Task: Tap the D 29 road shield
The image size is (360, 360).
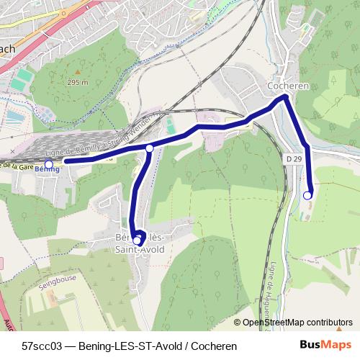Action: click(x=292, y=158)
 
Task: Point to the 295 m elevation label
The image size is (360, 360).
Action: click(x=78, y=82)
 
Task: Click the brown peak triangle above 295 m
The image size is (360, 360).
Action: click(x=77, y=73)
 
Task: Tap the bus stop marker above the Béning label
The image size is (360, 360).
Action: click(x=48, y=164)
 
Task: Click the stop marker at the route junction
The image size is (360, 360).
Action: click(x=150, y=148)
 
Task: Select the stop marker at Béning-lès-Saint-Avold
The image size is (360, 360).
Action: click(x=137, y=240)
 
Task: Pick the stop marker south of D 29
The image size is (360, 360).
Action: click(x=307, y=195)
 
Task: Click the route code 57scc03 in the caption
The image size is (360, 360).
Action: click(x=40, y=346)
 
